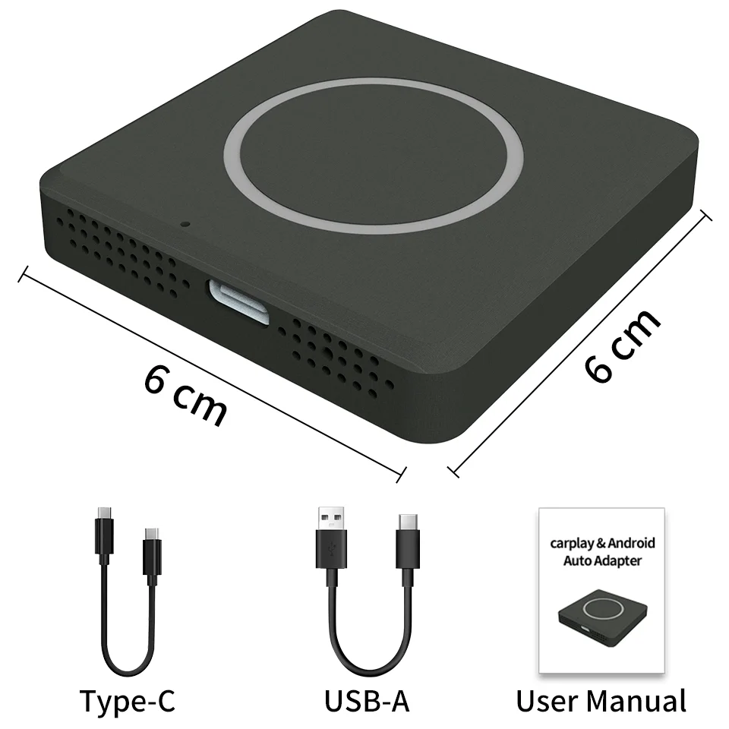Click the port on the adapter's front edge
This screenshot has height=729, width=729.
coord(239,301)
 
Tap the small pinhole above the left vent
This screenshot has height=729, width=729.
coord(185,224)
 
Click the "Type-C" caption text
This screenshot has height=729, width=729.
coord(127,700)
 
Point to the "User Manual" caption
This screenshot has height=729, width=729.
coord(601,700)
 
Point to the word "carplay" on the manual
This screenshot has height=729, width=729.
coord(573,544)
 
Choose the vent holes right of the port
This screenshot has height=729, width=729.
coord(334,353)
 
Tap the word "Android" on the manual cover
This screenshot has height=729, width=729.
coord(632,544)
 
